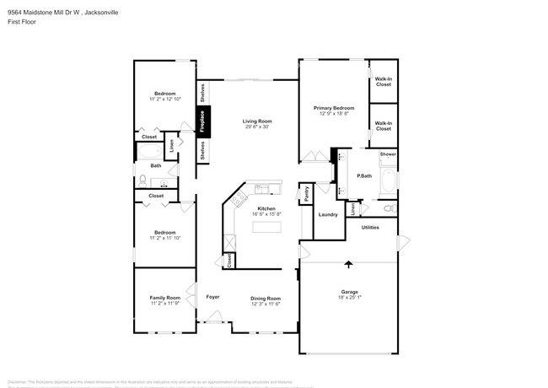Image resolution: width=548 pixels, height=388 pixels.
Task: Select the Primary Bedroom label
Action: tap(334, 108)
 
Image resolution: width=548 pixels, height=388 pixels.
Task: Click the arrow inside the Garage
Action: tap(349, 265)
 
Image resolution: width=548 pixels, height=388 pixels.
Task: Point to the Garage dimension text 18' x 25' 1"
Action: tap(349, 298)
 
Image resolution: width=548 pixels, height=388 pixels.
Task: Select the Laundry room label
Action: tap(328, 214)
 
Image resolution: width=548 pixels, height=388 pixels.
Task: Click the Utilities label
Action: tap(370, 227)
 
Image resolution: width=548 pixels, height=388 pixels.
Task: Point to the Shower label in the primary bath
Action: tap(387, 154)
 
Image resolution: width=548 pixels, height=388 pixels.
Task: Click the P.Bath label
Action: tap(364, 175)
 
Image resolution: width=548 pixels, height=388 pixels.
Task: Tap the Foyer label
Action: tap(213, 298)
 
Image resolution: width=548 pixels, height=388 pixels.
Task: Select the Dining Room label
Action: tap(266, 298)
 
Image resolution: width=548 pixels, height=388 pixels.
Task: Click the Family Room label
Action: tap(165, 298)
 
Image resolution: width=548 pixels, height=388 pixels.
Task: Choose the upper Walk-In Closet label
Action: tap(383, 82)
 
